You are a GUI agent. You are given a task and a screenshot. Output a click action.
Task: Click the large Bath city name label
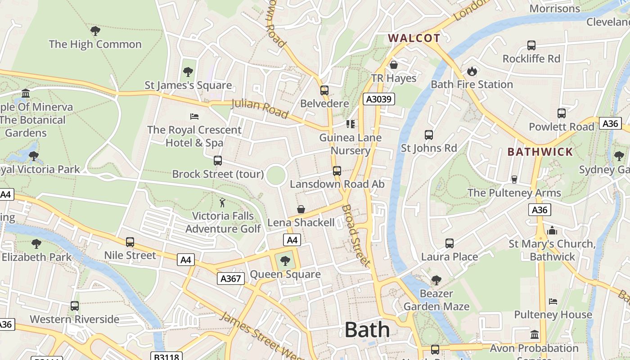point(367,330)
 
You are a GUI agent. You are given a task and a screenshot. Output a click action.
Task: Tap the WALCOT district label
point(414,38)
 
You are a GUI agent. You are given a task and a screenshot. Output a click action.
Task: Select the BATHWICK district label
point(540,152)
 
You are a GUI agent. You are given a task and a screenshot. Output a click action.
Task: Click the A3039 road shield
point(379,99)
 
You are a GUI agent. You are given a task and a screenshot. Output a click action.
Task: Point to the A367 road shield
point(231,279)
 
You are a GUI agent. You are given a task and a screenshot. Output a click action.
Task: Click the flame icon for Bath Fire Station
point(472,71)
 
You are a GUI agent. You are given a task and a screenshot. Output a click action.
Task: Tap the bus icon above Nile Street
point(130,242)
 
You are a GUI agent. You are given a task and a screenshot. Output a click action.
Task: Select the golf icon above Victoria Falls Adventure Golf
point(222,202)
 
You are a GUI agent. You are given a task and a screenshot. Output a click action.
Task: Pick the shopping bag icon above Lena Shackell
point(301,209)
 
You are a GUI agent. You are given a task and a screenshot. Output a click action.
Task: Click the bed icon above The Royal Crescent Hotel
point(194,117)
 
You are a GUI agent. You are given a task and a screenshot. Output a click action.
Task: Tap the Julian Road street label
point(260,109)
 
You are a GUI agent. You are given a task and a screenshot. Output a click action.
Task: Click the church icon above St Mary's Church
point(552,230)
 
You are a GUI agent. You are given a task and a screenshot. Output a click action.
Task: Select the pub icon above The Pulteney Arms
point(514,180)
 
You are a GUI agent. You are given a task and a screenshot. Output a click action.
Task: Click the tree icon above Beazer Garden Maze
point(436,280)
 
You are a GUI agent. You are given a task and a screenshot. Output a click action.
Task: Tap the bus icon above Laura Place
point(449,243)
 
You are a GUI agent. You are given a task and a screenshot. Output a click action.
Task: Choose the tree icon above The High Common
point(95,31)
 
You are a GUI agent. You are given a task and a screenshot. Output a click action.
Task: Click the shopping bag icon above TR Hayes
point(394,65)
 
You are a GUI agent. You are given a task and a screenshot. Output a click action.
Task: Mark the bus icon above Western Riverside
point(75,306)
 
